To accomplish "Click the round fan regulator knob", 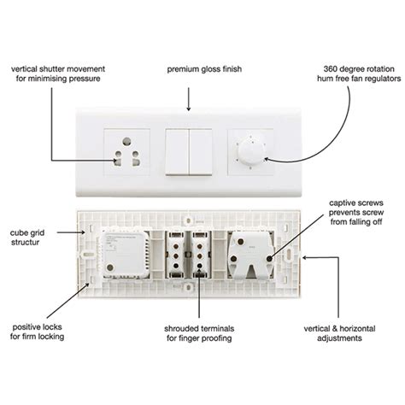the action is pos(250,151).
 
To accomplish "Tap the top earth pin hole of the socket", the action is pos(126,141).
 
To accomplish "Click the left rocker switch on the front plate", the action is pos(177,152).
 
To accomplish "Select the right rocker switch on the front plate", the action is pos(201,152).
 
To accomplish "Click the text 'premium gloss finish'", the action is pos(204,69).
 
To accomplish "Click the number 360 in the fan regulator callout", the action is pos(331,69).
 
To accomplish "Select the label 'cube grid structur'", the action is pos(27,238).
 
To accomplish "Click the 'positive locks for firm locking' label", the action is pos(37,332).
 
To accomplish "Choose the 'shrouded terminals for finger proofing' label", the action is pos(199,333).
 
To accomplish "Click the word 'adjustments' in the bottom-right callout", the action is pos(339,338).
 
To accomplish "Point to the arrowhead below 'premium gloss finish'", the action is pos(188,109).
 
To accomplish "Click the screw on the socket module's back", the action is pos(109,267).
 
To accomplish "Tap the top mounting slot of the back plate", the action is pos(188,220).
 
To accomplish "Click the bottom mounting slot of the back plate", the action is pos(188,287).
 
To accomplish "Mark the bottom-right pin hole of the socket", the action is pos(136,162).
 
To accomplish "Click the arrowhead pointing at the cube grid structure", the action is pos(83,232).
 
